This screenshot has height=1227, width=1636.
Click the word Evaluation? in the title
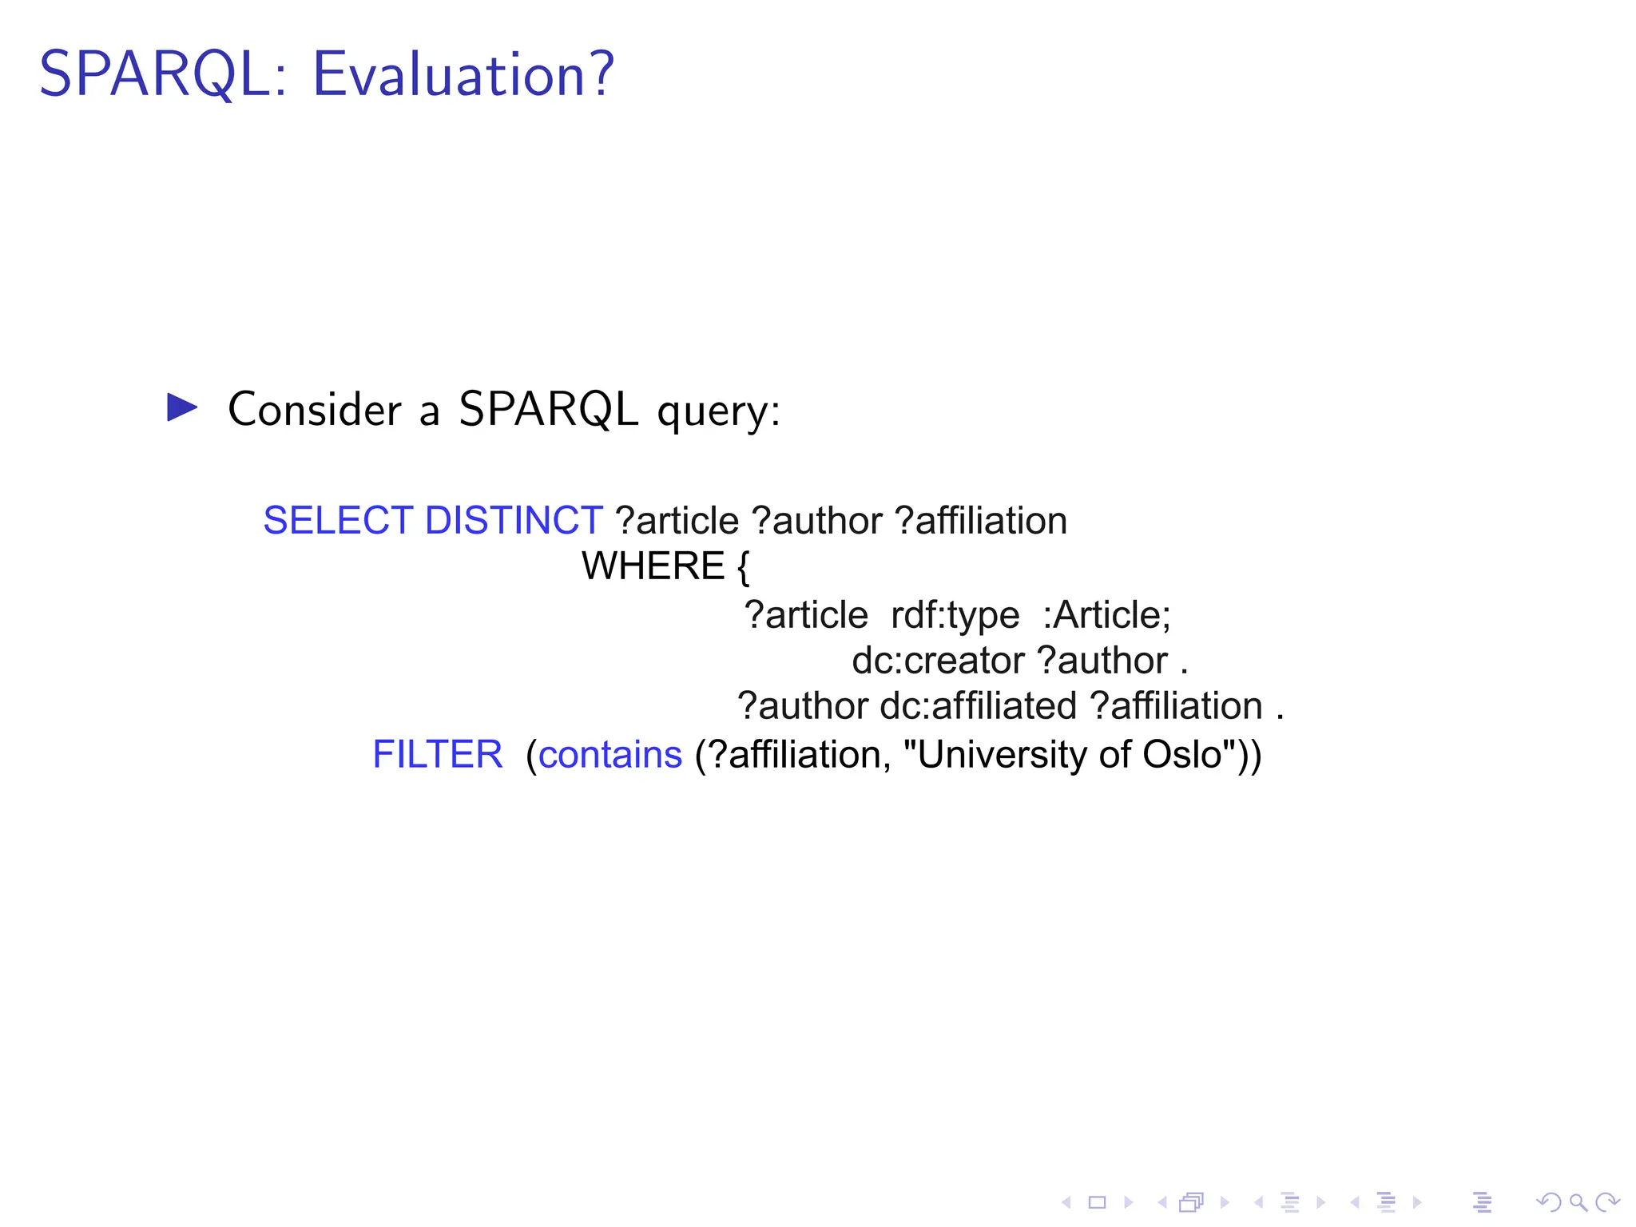pyautogui.click(x=463, y=74)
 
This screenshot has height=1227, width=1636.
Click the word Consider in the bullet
pyautogui.click(x=315, y=410)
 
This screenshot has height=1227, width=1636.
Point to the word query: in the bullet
pyautogui.click(x=717, y=412)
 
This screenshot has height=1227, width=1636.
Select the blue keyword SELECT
pyautogui.click(x=338, y=521)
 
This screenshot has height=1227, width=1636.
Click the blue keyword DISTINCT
pyautogui.click(x=514, y=521)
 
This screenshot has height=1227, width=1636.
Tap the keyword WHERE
pyautogui.click(x=653, y=566)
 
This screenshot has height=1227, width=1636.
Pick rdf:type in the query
pyautogui.click(x=955, y=615)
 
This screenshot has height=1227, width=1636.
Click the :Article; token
pyautogui.click(x=1106, y=615)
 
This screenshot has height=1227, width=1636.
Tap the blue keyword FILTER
pyautogui.click(x=438, y=755)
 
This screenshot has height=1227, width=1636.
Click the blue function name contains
pyautogui.click(x=610, y=755)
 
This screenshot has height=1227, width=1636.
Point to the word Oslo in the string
pyautogui.click(x=1182, y=755)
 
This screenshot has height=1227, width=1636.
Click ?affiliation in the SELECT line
pyautogui.click(x=981, y=521)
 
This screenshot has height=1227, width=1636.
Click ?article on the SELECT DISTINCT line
pyautogui.click(x=677, y=521)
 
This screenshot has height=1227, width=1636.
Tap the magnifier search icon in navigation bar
pyautogui.click(x=1578, y=1202)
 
